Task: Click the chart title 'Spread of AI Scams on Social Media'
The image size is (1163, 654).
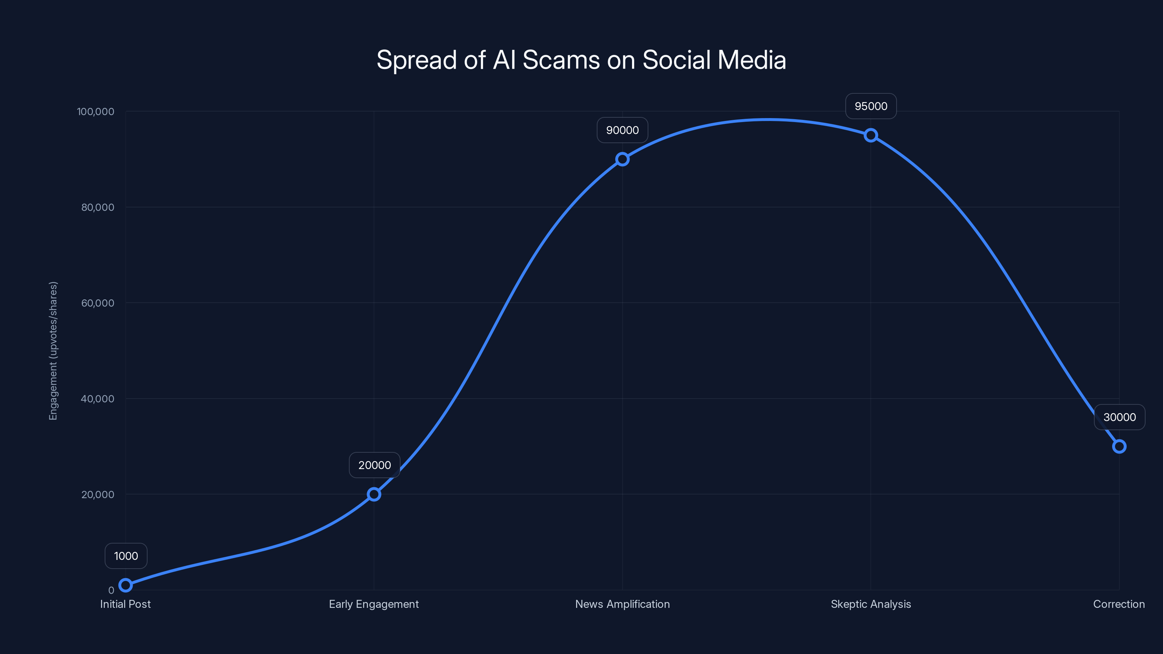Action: click(x=581, y=60)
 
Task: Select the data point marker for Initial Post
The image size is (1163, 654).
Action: click(x=125, y=585)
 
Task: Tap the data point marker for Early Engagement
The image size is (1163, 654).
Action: click(x=374, y=494)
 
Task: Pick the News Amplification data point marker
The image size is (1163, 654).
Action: click(x=622, y=159)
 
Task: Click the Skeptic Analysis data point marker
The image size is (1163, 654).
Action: click(x=870, y=136)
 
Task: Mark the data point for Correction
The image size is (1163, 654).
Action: click(x=1119, y=447)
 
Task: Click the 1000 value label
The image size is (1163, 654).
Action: click(x=126, y=556)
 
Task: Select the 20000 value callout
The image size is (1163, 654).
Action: click(x=374, y=465)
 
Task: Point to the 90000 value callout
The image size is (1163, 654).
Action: click(x=622, y=130)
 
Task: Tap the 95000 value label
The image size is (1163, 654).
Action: click(x=870, y=106)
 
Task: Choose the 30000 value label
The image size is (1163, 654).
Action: click(x=1119, y=417)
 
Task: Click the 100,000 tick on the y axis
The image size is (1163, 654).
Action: click(x=95, y=112)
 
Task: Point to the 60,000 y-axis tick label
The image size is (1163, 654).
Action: click(x=97, y=303)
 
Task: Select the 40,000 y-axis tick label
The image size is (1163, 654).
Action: click(x=97, y=399)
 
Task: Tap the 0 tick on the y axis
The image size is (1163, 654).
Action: click(x=111, y=590)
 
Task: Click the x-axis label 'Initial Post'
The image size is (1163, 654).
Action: click(x=125, y=604)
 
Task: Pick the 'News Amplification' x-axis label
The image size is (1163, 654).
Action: click(x=622, y=604)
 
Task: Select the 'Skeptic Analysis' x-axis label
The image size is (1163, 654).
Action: click(x=870, y=604)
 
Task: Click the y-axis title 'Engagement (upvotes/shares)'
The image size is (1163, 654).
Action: click(x=53, y=351)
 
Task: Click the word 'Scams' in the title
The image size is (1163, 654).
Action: click(x=561, y=60)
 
